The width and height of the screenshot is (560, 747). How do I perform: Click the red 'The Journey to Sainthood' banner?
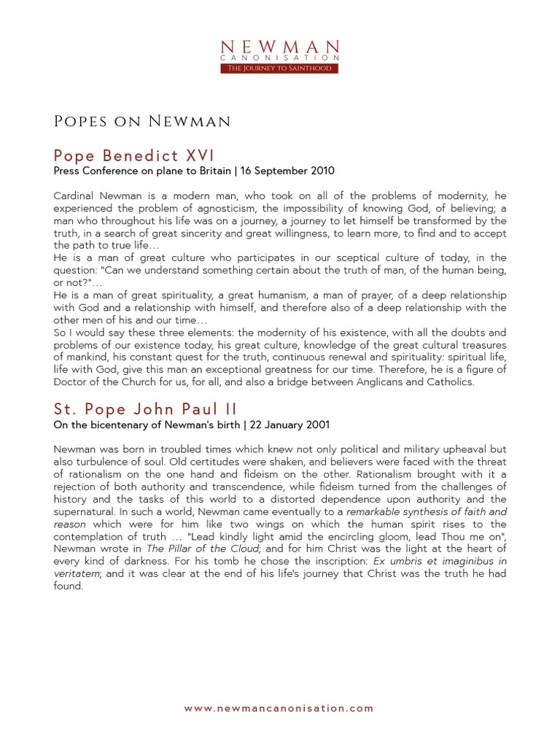279,68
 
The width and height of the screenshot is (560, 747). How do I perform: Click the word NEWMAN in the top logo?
279,46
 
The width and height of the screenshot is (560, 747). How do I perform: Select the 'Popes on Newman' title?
142,122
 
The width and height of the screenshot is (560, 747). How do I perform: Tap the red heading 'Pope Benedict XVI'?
135,156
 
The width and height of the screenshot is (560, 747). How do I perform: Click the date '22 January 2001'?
281,425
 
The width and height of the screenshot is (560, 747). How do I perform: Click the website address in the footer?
279,708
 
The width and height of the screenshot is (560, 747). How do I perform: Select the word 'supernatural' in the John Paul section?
84,511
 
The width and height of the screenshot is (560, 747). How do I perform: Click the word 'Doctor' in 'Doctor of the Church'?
72,382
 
